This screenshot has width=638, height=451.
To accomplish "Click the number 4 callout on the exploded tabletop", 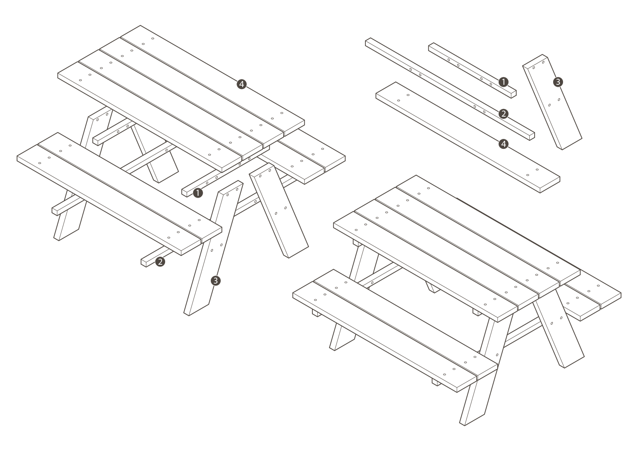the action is coord(242,84).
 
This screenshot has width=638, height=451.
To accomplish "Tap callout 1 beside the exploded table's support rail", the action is coord(198,193).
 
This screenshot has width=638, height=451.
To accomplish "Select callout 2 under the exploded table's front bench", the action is coord(160,262).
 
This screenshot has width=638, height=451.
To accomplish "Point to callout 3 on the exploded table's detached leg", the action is coord(215,281).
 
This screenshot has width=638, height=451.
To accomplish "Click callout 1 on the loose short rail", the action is coord(503,82).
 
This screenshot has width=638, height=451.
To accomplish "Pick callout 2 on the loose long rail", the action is coord(503,114).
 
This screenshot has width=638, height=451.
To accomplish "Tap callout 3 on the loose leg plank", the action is coord(558,82).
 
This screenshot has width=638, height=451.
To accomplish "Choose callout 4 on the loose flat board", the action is coord(503,144).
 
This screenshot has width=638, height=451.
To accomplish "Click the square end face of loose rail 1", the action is coord(513,94).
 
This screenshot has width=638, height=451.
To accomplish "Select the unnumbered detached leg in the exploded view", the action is coord(279,211).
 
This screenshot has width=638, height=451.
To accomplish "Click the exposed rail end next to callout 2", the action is coord(144,263).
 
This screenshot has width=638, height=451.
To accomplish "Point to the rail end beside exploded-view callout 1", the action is coord(184,193).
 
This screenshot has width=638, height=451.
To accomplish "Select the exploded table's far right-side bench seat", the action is coord(302,157).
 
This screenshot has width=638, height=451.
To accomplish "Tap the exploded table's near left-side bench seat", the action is coord(119,194).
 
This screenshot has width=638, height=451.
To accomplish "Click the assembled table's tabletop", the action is coord(457,248).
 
